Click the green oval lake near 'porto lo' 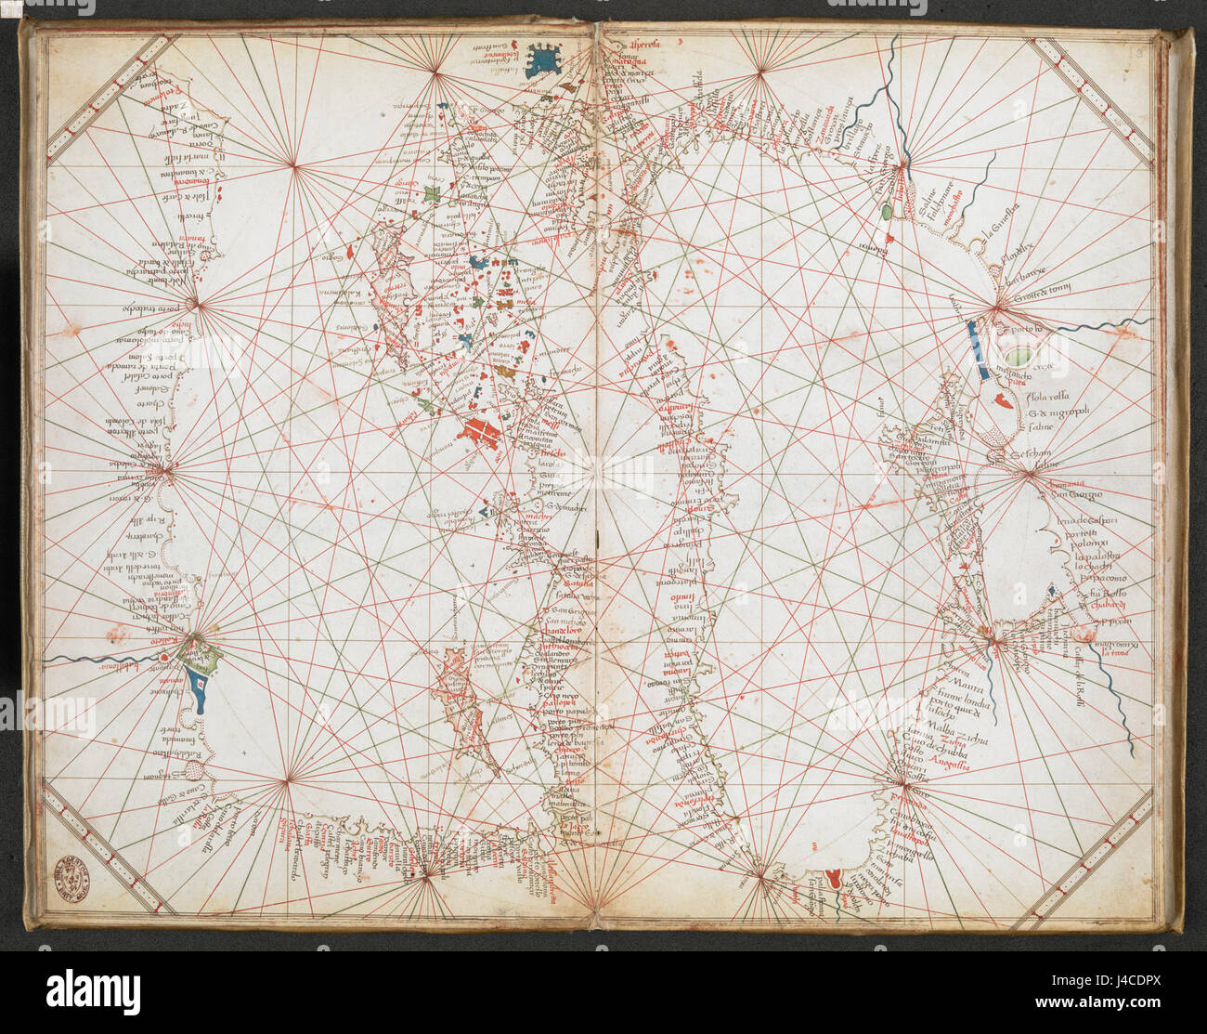pyautogui.click(x=1019, y=355)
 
